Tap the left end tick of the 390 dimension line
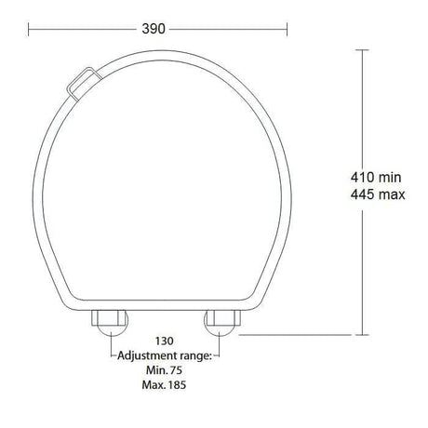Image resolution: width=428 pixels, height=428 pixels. (x=29, y=29)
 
